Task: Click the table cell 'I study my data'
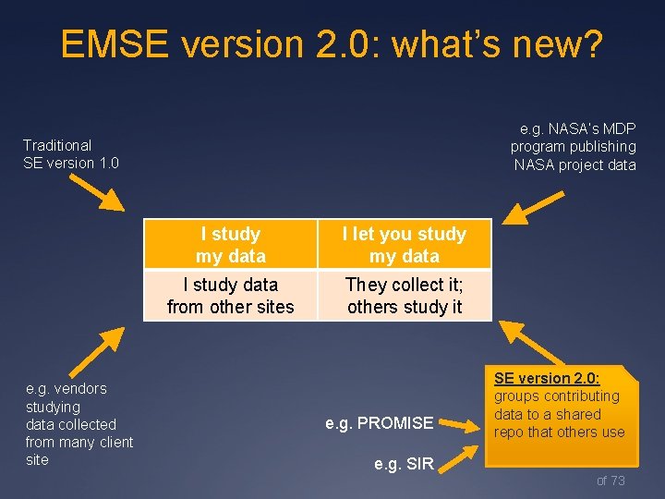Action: point(230,245)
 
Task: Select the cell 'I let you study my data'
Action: point(405,245)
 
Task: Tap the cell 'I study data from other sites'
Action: point(230,295)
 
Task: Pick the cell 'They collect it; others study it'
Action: point(405,295)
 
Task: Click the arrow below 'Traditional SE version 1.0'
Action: point(97,191)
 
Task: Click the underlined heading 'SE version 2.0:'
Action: point(547,378)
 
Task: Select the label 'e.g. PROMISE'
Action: point(379,423)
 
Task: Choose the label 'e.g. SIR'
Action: point(404,464)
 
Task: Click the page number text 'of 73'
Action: point(611,480)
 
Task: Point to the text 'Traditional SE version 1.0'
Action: point(71,153)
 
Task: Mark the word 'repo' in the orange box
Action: point(509,432)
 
